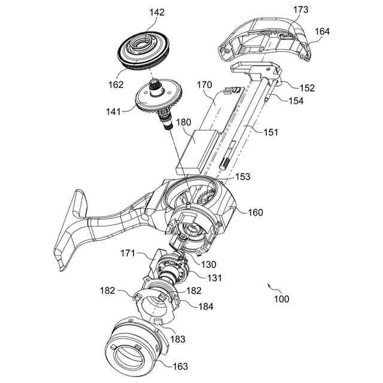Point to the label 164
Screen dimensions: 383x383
pyautogui.click(x=321, y=31)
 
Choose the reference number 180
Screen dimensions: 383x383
pyautogui.click(x=183, y=123)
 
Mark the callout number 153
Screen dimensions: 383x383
pyautogui.click(x=242, y=177)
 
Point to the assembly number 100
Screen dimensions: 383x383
pyautogui.click(x=281, y=298)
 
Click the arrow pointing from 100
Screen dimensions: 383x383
pyautogui.click(x=269, y=287)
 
